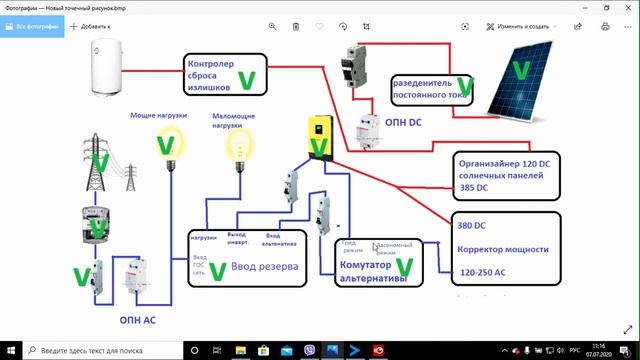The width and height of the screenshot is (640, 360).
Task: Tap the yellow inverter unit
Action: [x=318, y=142]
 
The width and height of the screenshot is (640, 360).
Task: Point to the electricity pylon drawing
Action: [x=98, y=160]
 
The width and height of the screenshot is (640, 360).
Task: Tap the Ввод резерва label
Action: [x=264, y=268]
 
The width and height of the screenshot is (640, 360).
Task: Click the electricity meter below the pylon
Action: [x=97, y=227]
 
